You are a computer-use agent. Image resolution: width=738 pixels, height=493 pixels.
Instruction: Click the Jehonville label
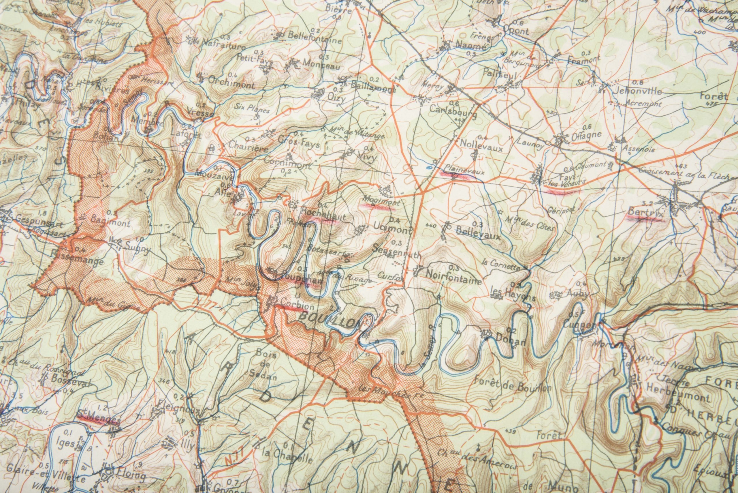634,91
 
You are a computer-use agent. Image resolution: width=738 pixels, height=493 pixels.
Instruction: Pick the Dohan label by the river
510,340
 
